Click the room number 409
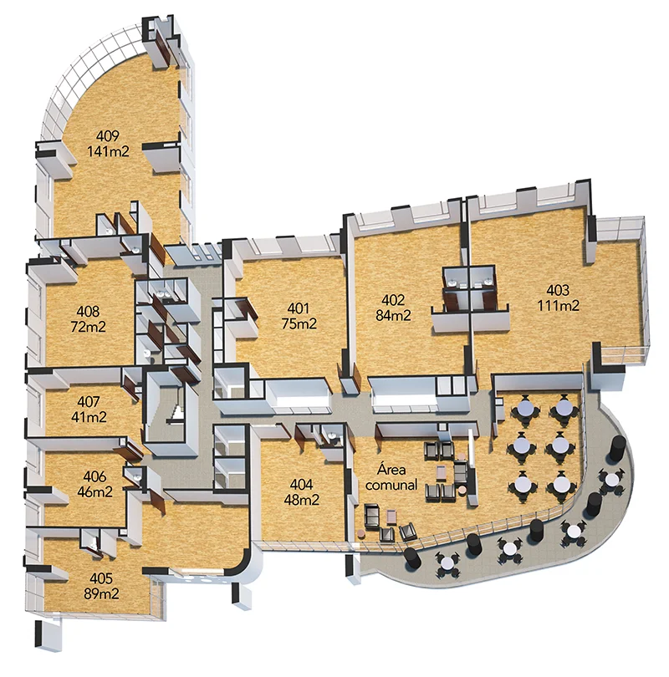[108, 136]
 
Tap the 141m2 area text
[108, 151]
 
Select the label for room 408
[88, 311]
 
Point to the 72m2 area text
[88, 327]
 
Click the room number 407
[89, 401]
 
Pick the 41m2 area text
[89, 417]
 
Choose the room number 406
[94, 476]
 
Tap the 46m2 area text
[94, 491]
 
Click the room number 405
[101, 578]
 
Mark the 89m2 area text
[101, 593]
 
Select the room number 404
[301, 484]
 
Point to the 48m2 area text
[301, 500]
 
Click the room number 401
[299, 308]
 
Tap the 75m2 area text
[299, 323]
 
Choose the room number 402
[393, 300]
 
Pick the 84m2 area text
[393, 315]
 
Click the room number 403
[558, 290]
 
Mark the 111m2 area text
[558, 305]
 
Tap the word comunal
[391, 485]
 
